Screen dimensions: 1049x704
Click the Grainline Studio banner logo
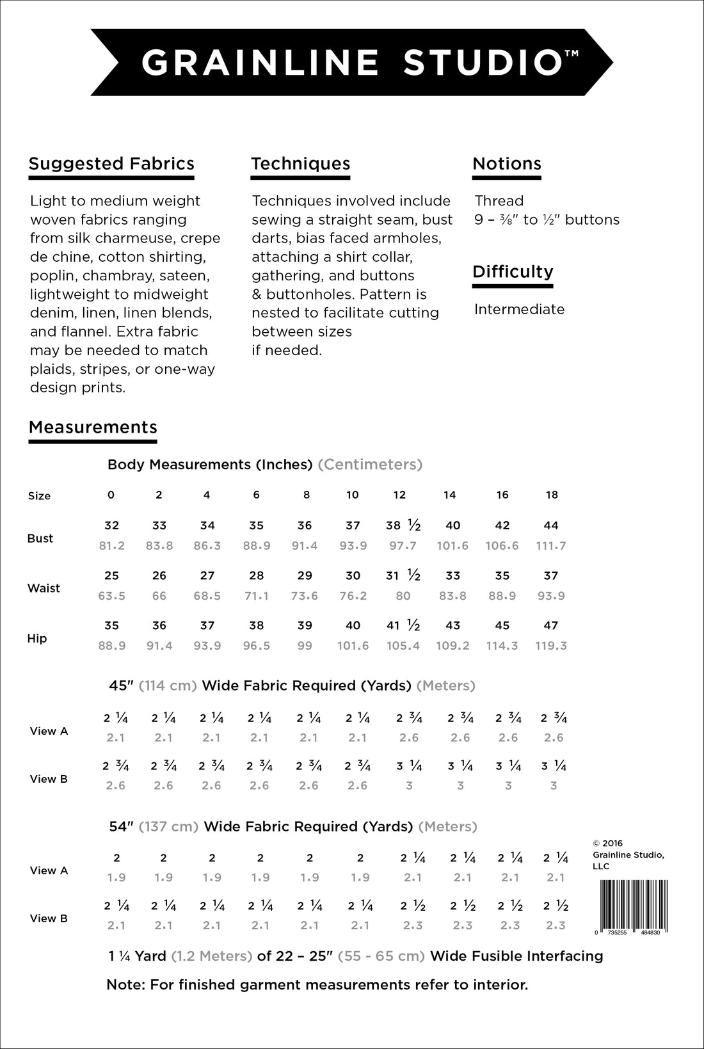point(352,62)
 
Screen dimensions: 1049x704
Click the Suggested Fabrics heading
point(111,164)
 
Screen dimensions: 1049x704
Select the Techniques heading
point(300,164)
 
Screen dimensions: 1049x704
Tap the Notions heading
point(507,164)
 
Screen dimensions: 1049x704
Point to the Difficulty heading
point(513,272)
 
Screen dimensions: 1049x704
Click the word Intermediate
point(519,310)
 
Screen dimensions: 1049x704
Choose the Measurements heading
point(93,428)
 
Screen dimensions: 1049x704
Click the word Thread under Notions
point(499,201)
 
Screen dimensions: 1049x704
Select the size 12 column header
point(399,495)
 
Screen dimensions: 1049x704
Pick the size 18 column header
point(552,495)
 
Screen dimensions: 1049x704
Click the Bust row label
point(40,538)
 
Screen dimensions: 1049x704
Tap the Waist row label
point(44,588)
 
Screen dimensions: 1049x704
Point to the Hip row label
point(37,638)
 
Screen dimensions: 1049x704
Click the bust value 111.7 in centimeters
point(551,546)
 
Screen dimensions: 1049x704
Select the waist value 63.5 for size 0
point(112,596)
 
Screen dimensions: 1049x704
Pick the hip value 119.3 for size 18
point(551,646)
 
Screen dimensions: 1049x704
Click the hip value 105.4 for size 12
point(403,646)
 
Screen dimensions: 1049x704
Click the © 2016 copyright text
point(607,844)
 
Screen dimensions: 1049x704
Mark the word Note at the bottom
point(124,985)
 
